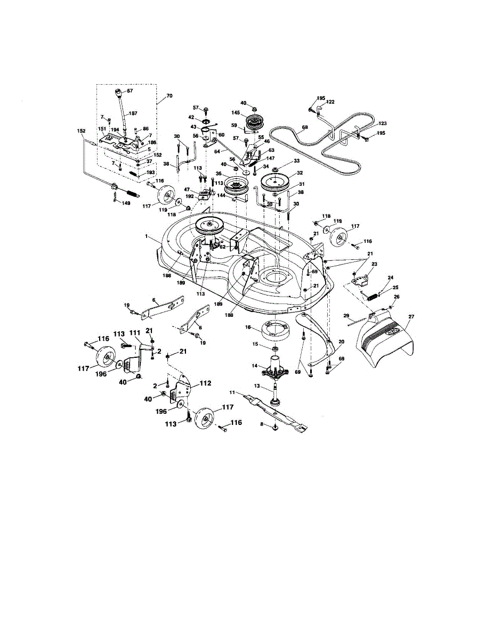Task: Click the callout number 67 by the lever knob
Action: coord(130,91)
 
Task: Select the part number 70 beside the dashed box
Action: coord(169,96)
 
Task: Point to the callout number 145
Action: coord(236,112)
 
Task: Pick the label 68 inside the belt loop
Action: coord(304,127)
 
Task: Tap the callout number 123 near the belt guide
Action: coord(382,124)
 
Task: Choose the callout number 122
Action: coord(330,102)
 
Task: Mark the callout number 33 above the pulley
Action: coord(297,161)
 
